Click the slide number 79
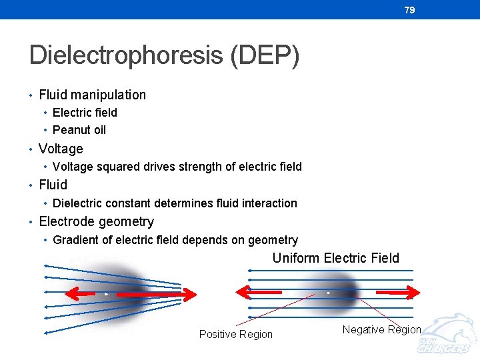point(409,10)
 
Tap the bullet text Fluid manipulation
point(92,95)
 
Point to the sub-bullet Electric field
point(85,113)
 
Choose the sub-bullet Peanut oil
point(79,130)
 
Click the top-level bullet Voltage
point(61,149)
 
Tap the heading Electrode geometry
point(96,221)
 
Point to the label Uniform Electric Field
point(335,258)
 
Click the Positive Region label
point(235,334)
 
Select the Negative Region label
point(381,329)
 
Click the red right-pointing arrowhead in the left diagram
point(189,294)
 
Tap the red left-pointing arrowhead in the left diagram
point(73,294)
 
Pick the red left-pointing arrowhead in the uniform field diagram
point(244,293)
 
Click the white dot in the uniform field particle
point(328,293)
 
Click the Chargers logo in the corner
point(447,337)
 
